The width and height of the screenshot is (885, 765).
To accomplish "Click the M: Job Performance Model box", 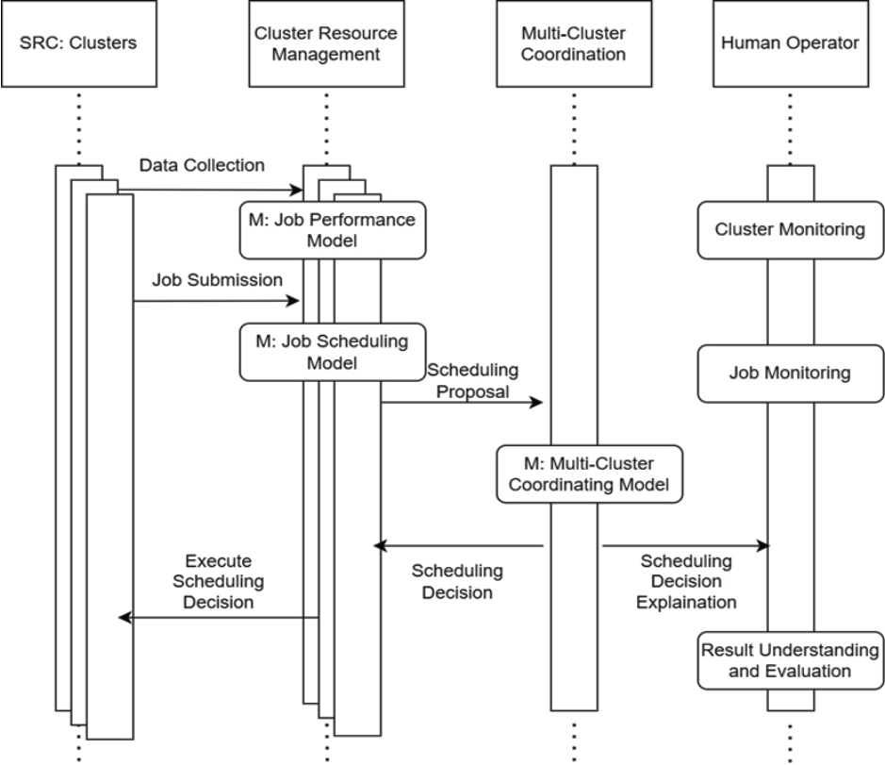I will (333, 230).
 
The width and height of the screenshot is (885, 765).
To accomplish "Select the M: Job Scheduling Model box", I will (333, 353).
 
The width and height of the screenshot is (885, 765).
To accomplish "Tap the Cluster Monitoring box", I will (789, 230).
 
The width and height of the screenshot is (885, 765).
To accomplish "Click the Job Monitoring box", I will (789, 373).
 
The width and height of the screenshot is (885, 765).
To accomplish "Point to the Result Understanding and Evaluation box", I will (789, 660).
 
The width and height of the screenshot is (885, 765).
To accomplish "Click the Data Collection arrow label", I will (202, 166).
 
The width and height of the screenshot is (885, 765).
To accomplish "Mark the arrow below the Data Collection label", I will (209, 191).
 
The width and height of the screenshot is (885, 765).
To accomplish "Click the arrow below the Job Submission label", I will (216, 302).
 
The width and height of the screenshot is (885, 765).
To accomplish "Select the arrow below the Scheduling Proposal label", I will (463, 403).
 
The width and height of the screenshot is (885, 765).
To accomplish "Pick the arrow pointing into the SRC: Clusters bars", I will (219, 618).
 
